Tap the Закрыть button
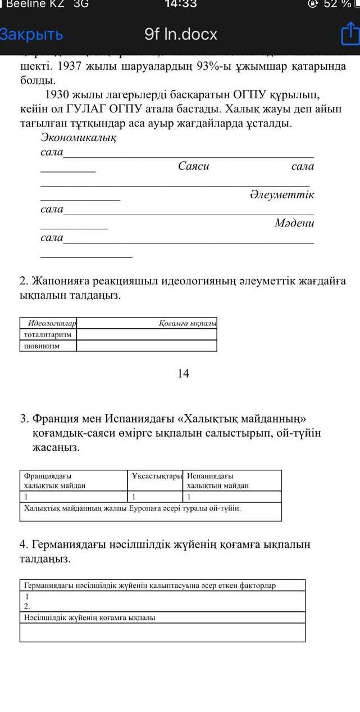(x=31, y=35)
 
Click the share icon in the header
(x=349, y=34)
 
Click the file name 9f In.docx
(x=181, y=35)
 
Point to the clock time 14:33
(x=181, y=4)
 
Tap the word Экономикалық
(x=79, y=138)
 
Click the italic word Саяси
(x=194, y=166)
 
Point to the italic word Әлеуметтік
(x=281, y=195)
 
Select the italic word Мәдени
(x=294, y=224)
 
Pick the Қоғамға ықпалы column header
(x=188, y=323)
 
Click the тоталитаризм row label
(x=47, y=334)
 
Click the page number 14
(x=183, y=373)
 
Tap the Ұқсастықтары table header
(x=157, y=476)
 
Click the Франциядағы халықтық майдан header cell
(x=55, y=480)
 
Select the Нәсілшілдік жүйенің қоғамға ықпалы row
(x=90, y=618)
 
